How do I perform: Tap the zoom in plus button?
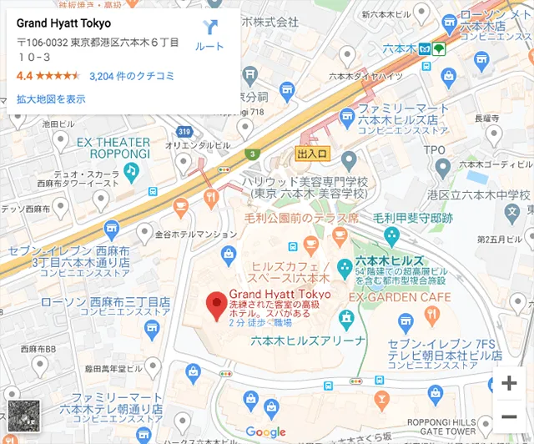pos(508,384)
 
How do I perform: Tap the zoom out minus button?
pos(508,416)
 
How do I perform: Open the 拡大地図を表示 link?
pos(51,98)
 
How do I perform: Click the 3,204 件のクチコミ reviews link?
pos(131,76)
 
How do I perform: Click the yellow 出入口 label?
pos(314,154)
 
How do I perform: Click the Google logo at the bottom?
pos(265,431)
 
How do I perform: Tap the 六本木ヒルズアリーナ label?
pos(308,341)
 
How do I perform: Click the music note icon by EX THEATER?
pos(130,171)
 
